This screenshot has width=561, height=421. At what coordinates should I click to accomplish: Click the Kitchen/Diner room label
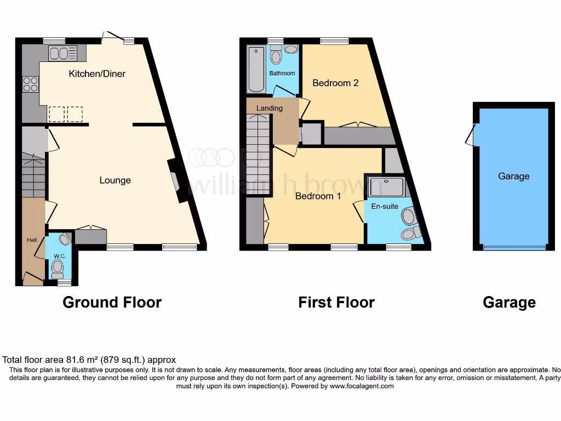click(97, 73)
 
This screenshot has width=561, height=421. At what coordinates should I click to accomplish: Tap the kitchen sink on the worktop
click(62, 53)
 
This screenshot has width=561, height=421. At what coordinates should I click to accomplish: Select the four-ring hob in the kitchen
click(30, 84)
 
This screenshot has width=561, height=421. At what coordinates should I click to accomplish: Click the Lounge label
click(115, 180)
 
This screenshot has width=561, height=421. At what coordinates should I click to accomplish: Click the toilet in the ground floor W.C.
click(57, 268)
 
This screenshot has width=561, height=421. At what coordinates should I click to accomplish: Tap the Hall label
click(32, 240)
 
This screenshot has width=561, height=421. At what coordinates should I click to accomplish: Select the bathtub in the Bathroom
click(256, 70)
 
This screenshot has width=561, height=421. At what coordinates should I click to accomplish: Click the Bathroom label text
click(282, 73)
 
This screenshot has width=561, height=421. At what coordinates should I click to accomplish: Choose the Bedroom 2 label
click(335, 83)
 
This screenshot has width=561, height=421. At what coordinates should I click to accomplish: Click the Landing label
click(270, 108)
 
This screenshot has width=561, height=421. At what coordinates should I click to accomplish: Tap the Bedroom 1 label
click(318, 196)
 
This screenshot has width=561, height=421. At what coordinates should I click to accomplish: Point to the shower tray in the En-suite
click(386, 186)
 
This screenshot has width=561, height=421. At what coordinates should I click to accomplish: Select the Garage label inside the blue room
click(513, 176)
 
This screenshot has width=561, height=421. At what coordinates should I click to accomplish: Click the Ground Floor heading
click(112, 302)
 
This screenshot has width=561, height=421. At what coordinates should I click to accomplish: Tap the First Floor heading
click(336, 302)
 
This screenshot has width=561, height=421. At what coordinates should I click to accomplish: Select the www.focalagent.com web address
click(361, 386)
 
